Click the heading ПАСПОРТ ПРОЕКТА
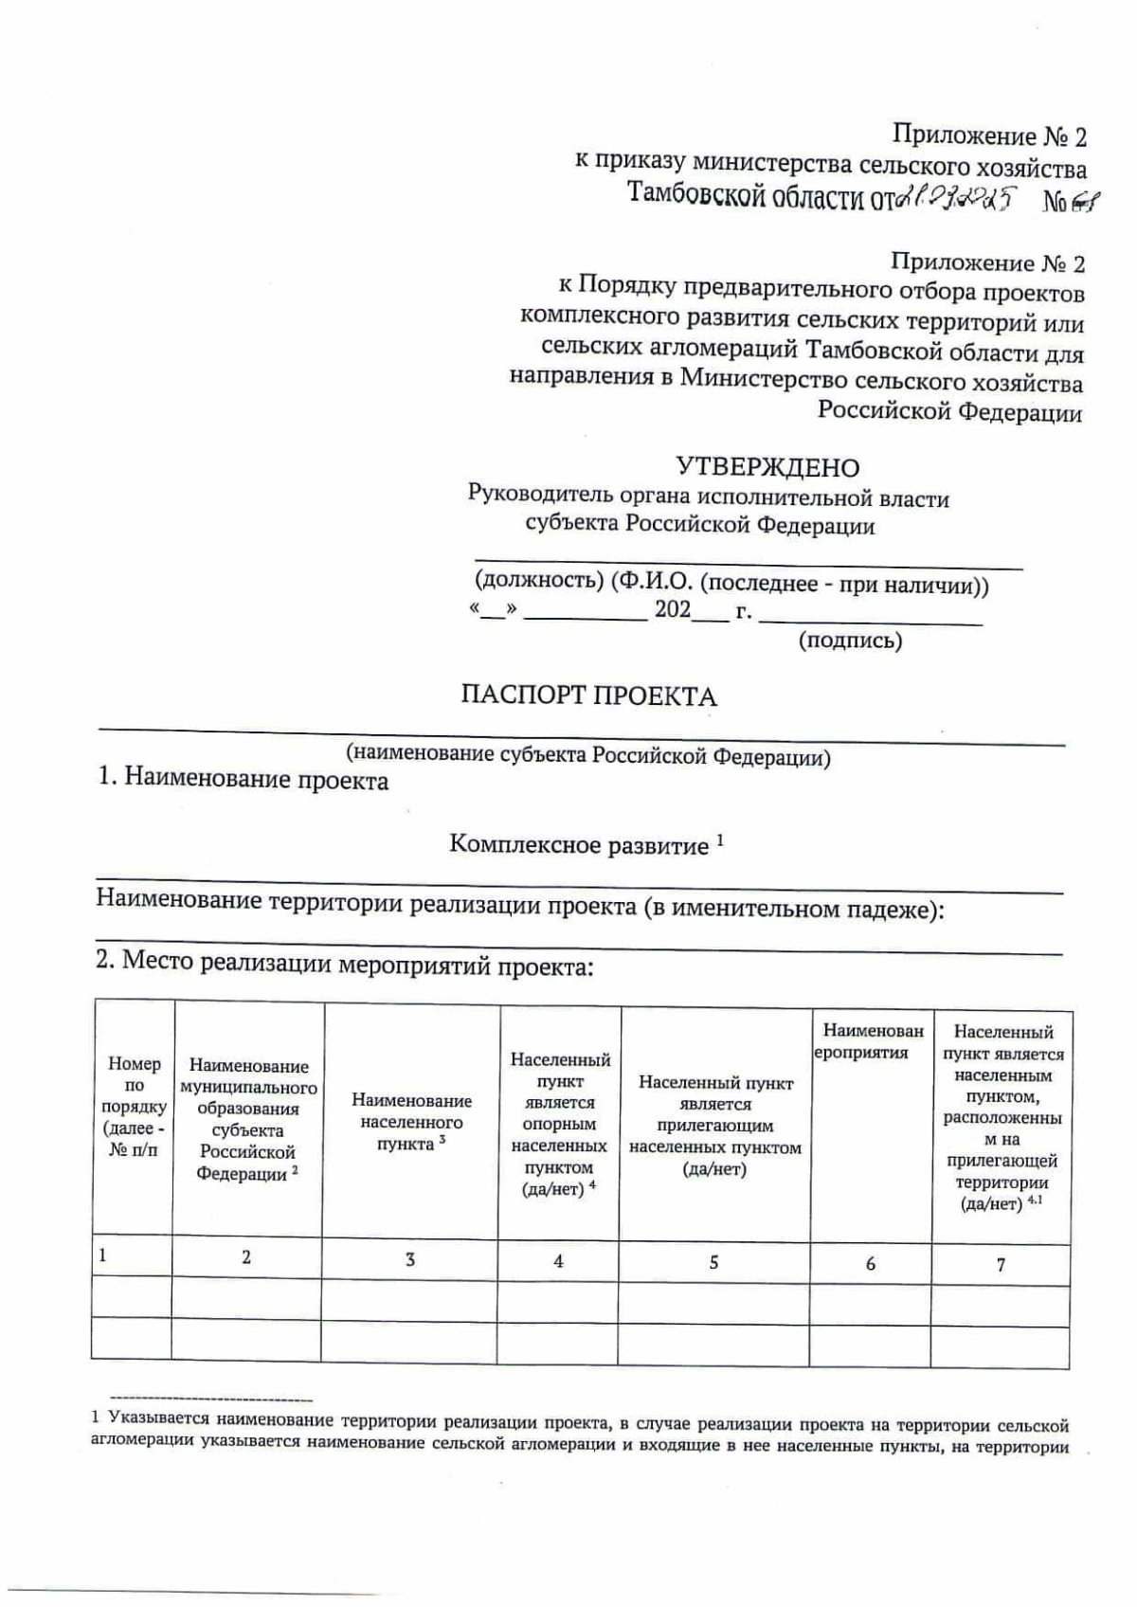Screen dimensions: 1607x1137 [x=588, y=696]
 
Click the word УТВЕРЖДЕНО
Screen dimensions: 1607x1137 [x=767, y=467]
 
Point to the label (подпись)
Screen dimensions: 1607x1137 [x=850, y=641]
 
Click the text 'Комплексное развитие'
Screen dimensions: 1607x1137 [x=579, y=845]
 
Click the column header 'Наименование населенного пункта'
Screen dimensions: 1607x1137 [x=411, y=1122]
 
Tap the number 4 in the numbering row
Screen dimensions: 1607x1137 [x=558, y=1261]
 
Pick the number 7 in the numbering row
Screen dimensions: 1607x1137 [x=1001, y=1264]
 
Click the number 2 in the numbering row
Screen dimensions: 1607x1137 [x=246, y=1257]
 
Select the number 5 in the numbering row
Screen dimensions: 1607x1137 [x=713, y=1262]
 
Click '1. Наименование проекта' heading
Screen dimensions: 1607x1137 [x=244, y=780]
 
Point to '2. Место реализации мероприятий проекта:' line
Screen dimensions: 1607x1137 [x=344, y=965]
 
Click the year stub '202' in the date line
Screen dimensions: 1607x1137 [x=672, y=610]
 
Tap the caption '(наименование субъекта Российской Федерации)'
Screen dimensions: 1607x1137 [x=587, y=756]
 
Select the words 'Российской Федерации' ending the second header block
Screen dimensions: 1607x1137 [x=949, y=412]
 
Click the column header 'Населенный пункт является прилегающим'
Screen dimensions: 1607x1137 [x=715, y=1125]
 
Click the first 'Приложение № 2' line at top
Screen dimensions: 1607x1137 [x=989, y=136]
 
